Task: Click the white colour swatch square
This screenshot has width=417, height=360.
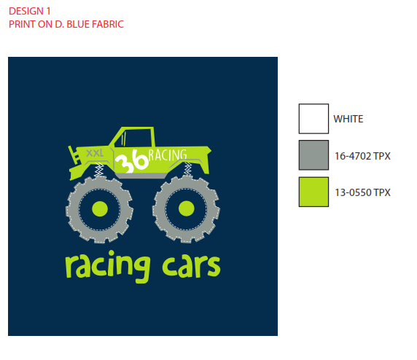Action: (x=313, y=119)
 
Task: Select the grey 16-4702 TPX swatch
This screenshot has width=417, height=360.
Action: (x=313, y=155)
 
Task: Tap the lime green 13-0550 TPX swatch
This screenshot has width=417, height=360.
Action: (x=313, y=192)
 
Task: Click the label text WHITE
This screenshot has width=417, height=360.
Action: (x=348, y=119)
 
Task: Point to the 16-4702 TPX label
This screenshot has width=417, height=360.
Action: (x=362, y=156)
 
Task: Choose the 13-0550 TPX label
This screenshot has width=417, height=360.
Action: (x=362, y=192)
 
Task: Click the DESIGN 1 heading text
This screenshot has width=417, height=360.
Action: (x=29, y=11)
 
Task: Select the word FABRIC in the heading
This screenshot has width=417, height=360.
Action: (x=108, y=24)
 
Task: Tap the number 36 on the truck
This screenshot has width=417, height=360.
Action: (x=131, y=161)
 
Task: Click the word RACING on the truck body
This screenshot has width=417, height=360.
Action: (x=168, y=155)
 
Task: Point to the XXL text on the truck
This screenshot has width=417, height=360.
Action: (x=95, y=153)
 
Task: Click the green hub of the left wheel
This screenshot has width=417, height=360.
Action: (x=100, y=208)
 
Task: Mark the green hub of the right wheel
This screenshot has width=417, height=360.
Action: (x=186, y=208)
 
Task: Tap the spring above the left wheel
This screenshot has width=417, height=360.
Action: (x=99, y=169)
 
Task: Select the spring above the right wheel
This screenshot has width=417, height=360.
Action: (x=187, y=169)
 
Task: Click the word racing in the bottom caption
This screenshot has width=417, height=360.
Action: (x=108, y=266)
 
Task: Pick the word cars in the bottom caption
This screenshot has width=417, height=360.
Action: (x=191, y=266)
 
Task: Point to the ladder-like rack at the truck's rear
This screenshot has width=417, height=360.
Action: (x=74, y=155)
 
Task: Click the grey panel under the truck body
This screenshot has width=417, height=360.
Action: (x=141, y=176)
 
